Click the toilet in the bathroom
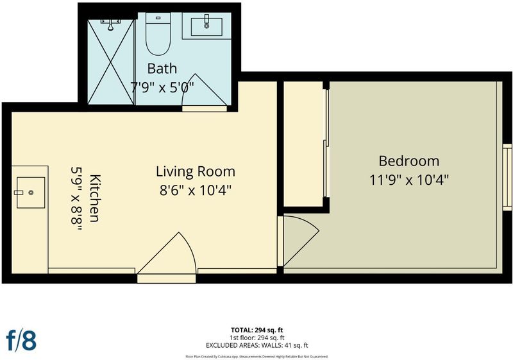tap(158, 34)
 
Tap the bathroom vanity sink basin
tap(206, 27)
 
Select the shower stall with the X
tap(111, 62)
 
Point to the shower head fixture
tap(110, 24)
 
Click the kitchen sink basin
tap(31, 193)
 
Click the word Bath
tap(162, 69)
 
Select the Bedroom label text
tap(409, 161)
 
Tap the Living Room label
tap(196, 172)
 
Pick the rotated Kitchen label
tap(95, 198)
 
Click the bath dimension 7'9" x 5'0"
tap(162, 87)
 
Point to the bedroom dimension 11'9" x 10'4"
tap(409, 180)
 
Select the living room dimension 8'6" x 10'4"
tap(196, 190)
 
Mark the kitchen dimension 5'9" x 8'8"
tap(76, 200)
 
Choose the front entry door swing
tap(166, 253)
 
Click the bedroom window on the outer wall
tap(507, 176)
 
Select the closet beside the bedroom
tap(303, 144)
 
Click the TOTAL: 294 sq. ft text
tap(257, 330)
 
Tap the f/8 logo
tap(21, 340)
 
